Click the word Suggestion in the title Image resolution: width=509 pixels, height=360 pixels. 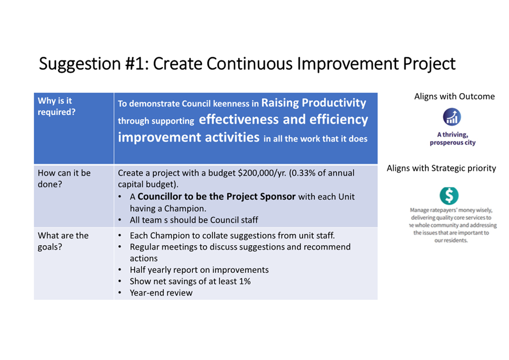(80, 64)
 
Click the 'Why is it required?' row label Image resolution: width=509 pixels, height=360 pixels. (57, 106)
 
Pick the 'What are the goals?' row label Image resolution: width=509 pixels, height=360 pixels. (63, 241)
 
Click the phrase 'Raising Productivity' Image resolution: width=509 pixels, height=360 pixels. (313, 103)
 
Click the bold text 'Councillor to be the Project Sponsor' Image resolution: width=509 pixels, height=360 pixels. (216, 197)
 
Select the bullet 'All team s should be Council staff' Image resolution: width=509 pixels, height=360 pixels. (194, 220)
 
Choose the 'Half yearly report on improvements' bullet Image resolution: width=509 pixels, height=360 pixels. (199, 270)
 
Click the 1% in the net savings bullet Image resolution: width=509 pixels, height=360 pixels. (245, 281)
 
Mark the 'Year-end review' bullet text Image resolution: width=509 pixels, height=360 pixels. (161, 293)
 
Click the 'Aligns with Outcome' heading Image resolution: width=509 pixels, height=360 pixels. (454, 96)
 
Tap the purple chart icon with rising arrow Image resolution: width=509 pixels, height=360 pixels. (452, 117)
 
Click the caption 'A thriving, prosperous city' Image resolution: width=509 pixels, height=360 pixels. (452, 138)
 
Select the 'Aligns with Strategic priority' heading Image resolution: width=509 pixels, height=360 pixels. (441, 168)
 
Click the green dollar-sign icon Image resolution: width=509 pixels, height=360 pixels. (449, 196)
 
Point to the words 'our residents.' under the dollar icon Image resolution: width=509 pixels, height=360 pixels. (451, 240)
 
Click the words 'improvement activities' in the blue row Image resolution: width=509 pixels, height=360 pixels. (189, 137)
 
